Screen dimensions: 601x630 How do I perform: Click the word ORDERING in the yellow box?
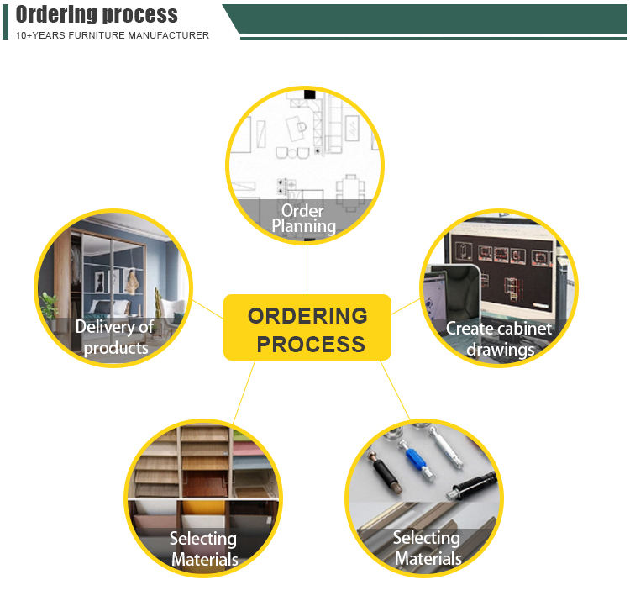307,316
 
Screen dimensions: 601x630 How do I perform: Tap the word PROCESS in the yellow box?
310,344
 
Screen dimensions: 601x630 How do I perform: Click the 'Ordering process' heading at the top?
97,14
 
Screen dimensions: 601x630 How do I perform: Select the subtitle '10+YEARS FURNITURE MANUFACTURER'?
113,35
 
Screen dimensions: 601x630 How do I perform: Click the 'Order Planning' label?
303,219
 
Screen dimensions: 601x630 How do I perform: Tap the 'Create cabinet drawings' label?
499,338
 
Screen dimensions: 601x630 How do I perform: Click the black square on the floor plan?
309,94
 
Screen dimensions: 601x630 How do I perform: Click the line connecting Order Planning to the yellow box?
307,269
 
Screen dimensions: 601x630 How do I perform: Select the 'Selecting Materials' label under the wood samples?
203,548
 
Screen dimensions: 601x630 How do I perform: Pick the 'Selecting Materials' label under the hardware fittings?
427,547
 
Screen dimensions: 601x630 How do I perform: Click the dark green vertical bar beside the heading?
5,21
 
